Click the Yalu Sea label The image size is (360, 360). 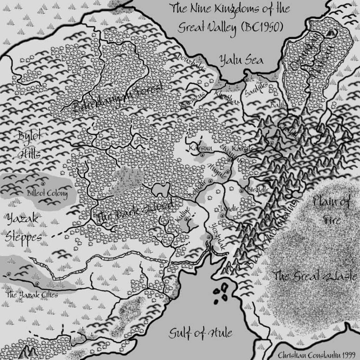coord(241,60)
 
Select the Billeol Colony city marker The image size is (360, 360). coord(43,184)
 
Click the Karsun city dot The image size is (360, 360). coord(202,155)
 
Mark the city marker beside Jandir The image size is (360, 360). coord(223,216)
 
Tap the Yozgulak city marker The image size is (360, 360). coord(209,237)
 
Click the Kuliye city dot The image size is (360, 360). coord(186,219)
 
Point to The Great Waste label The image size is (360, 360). coord(315,276)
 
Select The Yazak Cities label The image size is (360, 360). coord(32,295)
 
